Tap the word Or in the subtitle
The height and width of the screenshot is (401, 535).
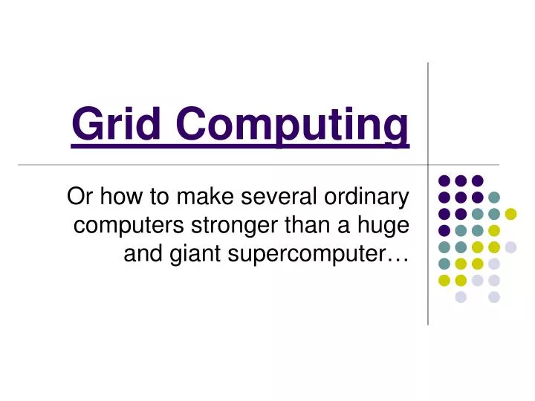coord(77,197)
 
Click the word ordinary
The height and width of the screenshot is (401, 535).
coord(366,198)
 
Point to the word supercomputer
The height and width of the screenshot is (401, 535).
coord(305,255)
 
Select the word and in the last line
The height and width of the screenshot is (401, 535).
coord(139,254)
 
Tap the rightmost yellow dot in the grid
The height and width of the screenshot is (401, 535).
coord(510,214)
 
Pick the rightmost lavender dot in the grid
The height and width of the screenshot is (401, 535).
coord(510,247)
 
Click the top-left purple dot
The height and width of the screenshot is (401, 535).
coord(444,180)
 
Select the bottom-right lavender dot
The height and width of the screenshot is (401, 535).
coord(494,297)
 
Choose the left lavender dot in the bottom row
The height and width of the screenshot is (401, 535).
coord(461,297)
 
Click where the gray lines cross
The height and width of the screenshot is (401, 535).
coord(428,165)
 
